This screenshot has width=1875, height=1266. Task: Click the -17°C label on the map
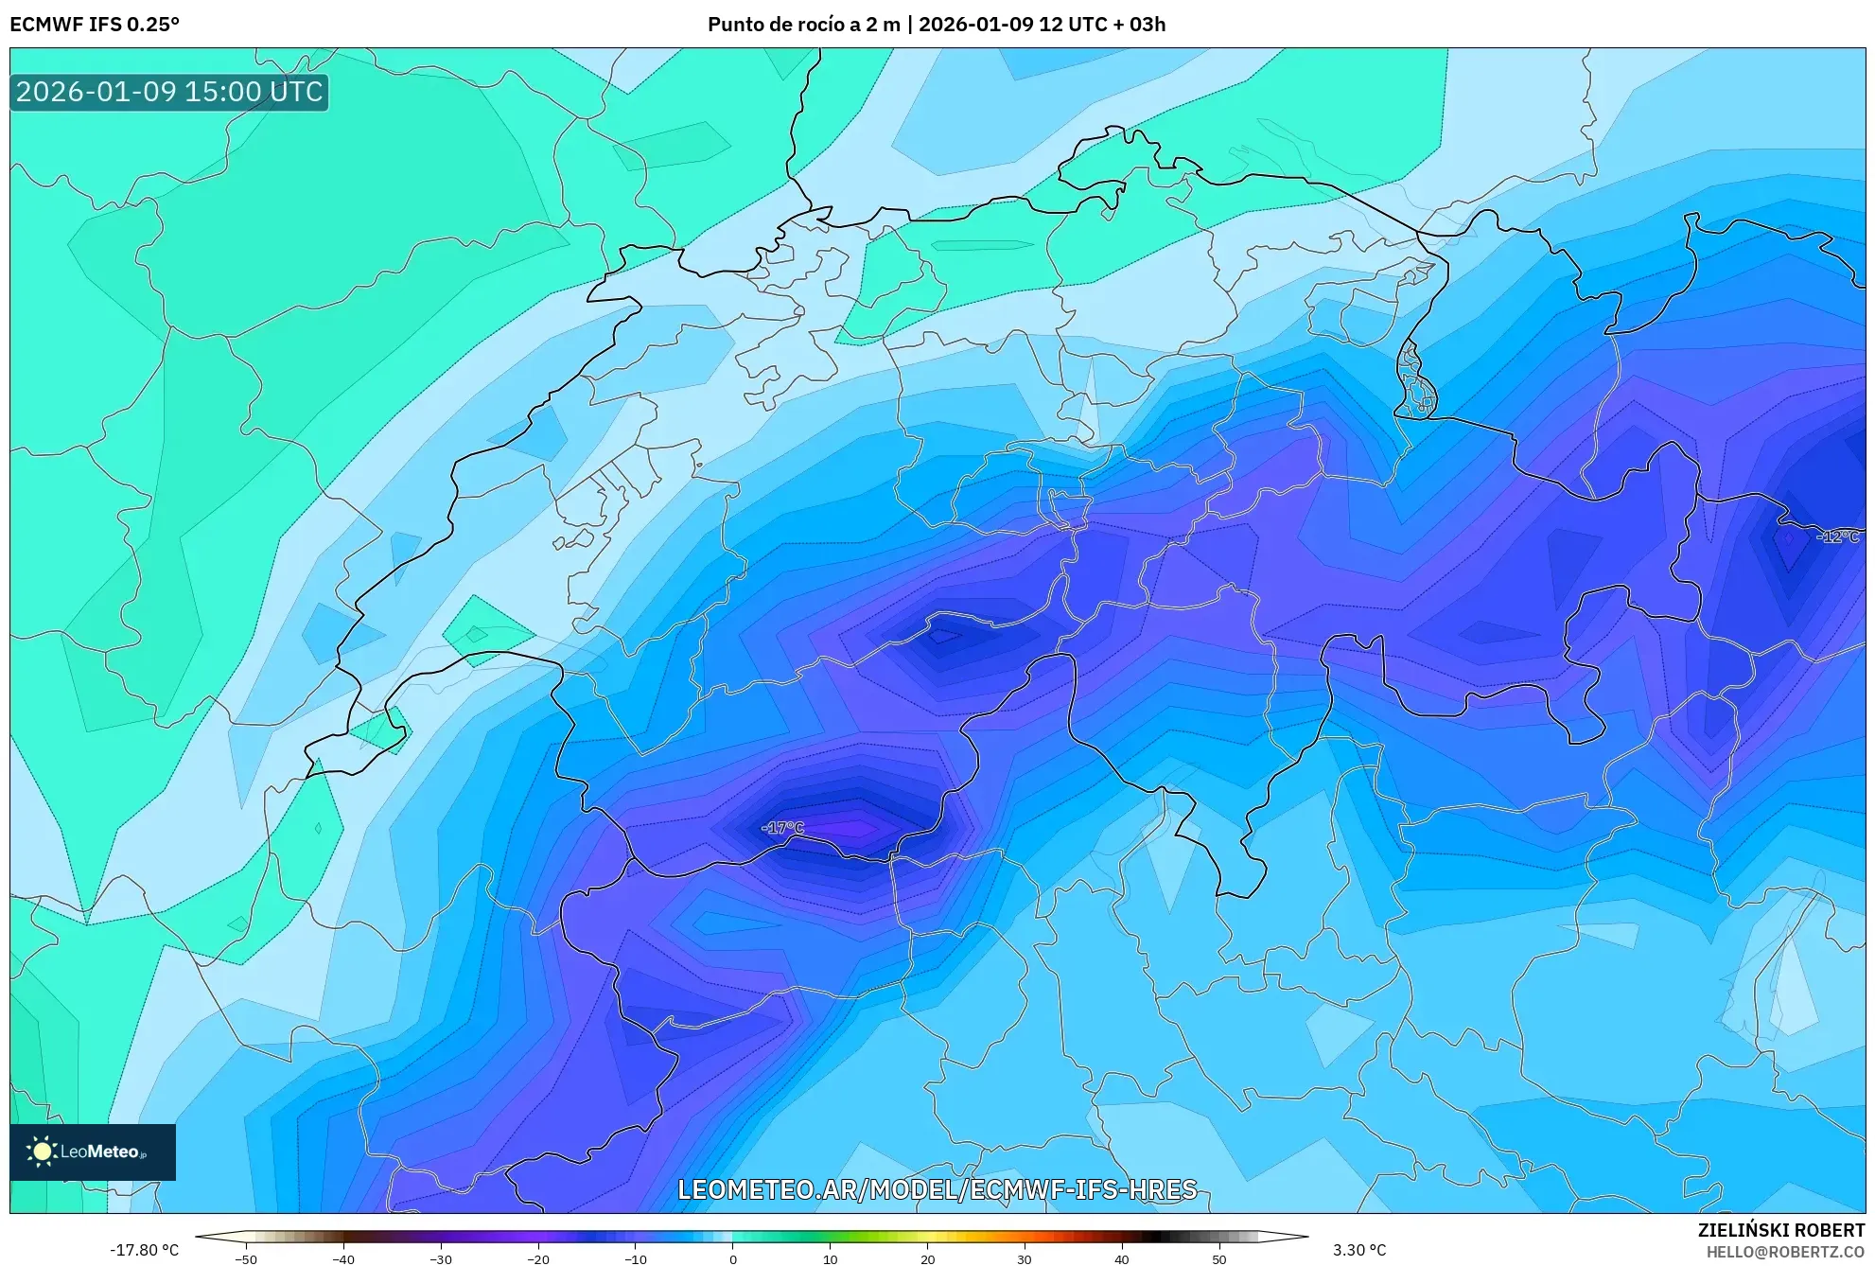coord(782,828)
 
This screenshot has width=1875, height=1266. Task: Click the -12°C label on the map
coord(1837,536)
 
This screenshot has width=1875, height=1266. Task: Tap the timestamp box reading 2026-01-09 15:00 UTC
coord(169,92)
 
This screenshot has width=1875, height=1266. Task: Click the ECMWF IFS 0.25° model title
coord(95,24)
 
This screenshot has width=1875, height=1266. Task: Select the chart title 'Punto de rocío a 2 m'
coord(803,24)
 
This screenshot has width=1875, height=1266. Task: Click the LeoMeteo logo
coord(93,1152)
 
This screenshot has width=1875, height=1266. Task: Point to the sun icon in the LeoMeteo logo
coord(42,1152)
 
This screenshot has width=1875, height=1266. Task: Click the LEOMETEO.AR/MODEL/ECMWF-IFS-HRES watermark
coord(937,1189)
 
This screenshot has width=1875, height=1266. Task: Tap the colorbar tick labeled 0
coord(732,1259)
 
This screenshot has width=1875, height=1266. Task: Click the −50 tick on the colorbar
coord(246,1259)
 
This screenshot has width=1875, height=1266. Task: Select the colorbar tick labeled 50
coord(1218,1259)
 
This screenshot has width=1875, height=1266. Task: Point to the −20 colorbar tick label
coord(537,1259)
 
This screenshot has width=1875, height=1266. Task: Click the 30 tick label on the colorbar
coord(1024,1259)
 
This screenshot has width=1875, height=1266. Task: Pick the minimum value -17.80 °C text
coord(144,1250)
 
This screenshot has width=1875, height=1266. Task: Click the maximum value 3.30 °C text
coord(1359,1250)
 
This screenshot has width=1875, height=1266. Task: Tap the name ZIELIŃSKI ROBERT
coord(1780,1230)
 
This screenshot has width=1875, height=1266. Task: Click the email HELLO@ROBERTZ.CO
coord(1785,1252)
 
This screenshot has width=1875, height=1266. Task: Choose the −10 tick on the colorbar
coord(635,1259)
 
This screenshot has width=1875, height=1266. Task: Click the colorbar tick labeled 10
coord(830,1259)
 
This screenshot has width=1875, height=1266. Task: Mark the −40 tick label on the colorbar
coord(343,1259)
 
